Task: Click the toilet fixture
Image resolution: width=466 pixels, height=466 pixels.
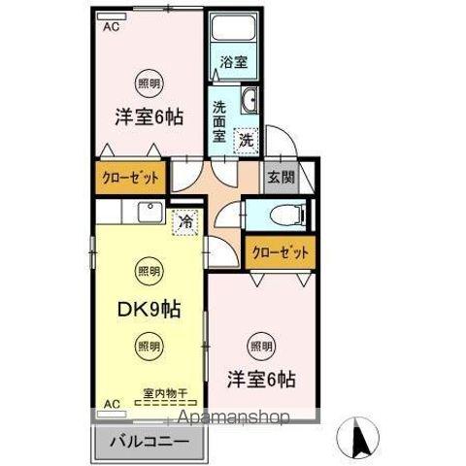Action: pos(285,216)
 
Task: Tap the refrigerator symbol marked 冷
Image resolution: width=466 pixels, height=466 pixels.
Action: pos(183,221)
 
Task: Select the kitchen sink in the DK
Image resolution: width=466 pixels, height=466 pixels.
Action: pos(150,213)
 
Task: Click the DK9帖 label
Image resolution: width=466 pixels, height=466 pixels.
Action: pos(149,311)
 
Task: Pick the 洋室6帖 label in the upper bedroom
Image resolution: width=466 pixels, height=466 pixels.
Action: pos(150,116)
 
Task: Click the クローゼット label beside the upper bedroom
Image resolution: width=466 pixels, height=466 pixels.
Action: pos(131,178)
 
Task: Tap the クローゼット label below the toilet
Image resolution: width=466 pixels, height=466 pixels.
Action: pos(282,252)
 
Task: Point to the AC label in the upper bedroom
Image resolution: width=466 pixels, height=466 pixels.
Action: pos(111,28)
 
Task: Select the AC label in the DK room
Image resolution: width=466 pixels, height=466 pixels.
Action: pos(111,403)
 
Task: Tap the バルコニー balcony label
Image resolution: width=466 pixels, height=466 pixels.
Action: pos(150,440)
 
